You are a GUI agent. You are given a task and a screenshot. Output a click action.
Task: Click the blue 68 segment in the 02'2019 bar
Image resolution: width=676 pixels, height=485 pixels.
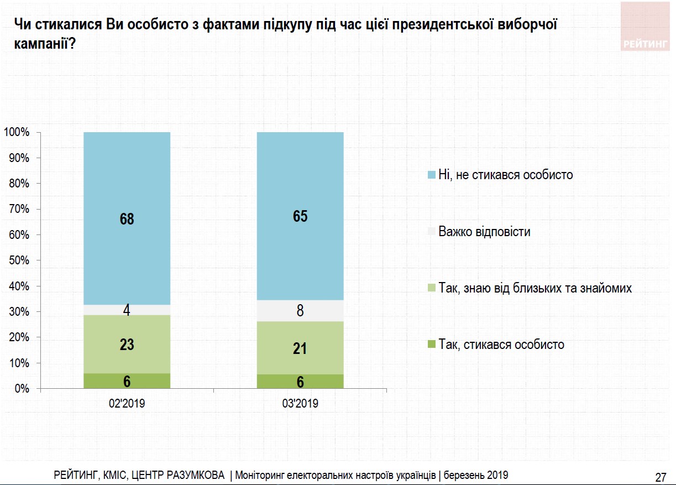coord(127,218)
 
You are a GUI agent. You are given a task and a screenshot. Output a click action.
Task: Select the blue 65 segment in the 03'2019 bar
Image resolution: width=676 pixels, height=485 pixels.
coord(300,216)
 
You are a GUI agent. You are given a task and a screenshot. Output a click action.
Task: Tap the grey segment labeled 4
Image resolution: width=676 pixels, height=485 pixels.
coord(127,310)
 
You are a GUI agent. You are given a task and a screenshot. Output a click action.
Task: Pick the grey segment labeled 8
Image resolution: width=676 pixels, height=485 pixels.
coord(300,311)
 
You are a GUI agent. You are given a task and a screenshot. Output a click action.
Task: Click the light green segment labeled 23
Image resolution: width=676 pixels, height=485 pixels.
coord(127,345)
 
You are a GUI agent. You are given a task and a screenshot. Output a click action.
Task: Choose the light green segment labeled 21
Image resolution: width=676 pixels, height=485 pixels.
coord(300,348)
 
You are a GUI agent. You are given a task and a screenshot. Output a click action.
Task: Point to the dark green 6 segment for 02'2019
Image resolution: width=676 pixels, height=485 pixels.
coord(127,381)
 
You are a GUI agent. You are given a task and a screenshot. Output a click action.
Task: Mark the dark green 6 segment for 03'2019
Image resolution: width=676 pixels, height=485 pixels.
coord(300,382)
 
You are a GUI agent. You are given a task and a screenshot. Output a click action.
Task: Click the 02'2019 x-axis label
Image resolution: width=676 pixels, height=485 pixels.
coord(127,404)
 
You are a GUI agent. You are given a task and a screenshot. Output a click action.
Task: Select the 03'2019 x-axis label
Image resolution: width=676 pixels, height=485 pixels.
coord(300,404)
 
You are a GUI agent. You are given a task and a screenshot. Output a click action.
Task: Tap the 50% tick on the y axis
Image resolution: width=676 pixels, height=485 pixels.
coord(18,260)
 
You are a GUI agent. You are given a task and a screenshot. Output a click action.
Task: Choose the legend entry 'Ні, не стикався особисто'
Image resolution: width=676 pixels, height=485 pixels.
coord(505,175)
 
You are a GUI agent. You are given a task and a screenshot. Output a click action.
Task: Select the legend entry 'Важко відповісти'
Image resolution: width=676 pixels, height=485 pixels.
coord(484,232)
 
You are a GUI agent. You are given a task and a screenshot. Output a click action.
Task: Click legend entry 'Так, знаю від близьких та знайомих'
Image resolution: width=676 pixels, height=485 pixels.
coord(534,288)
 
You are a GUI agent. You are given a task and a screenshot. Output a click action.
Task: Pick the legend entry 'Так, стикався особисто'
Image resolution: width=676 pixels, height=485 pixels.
coord(501,345)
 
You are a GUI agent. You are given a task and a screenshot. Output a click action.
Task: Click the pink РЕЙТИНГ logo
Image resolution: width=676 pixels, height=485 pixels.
coord(644,27)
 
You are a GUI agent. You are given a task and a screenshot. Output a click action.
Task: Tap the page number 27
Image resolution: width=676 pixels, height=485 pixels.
coord(660,477)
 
